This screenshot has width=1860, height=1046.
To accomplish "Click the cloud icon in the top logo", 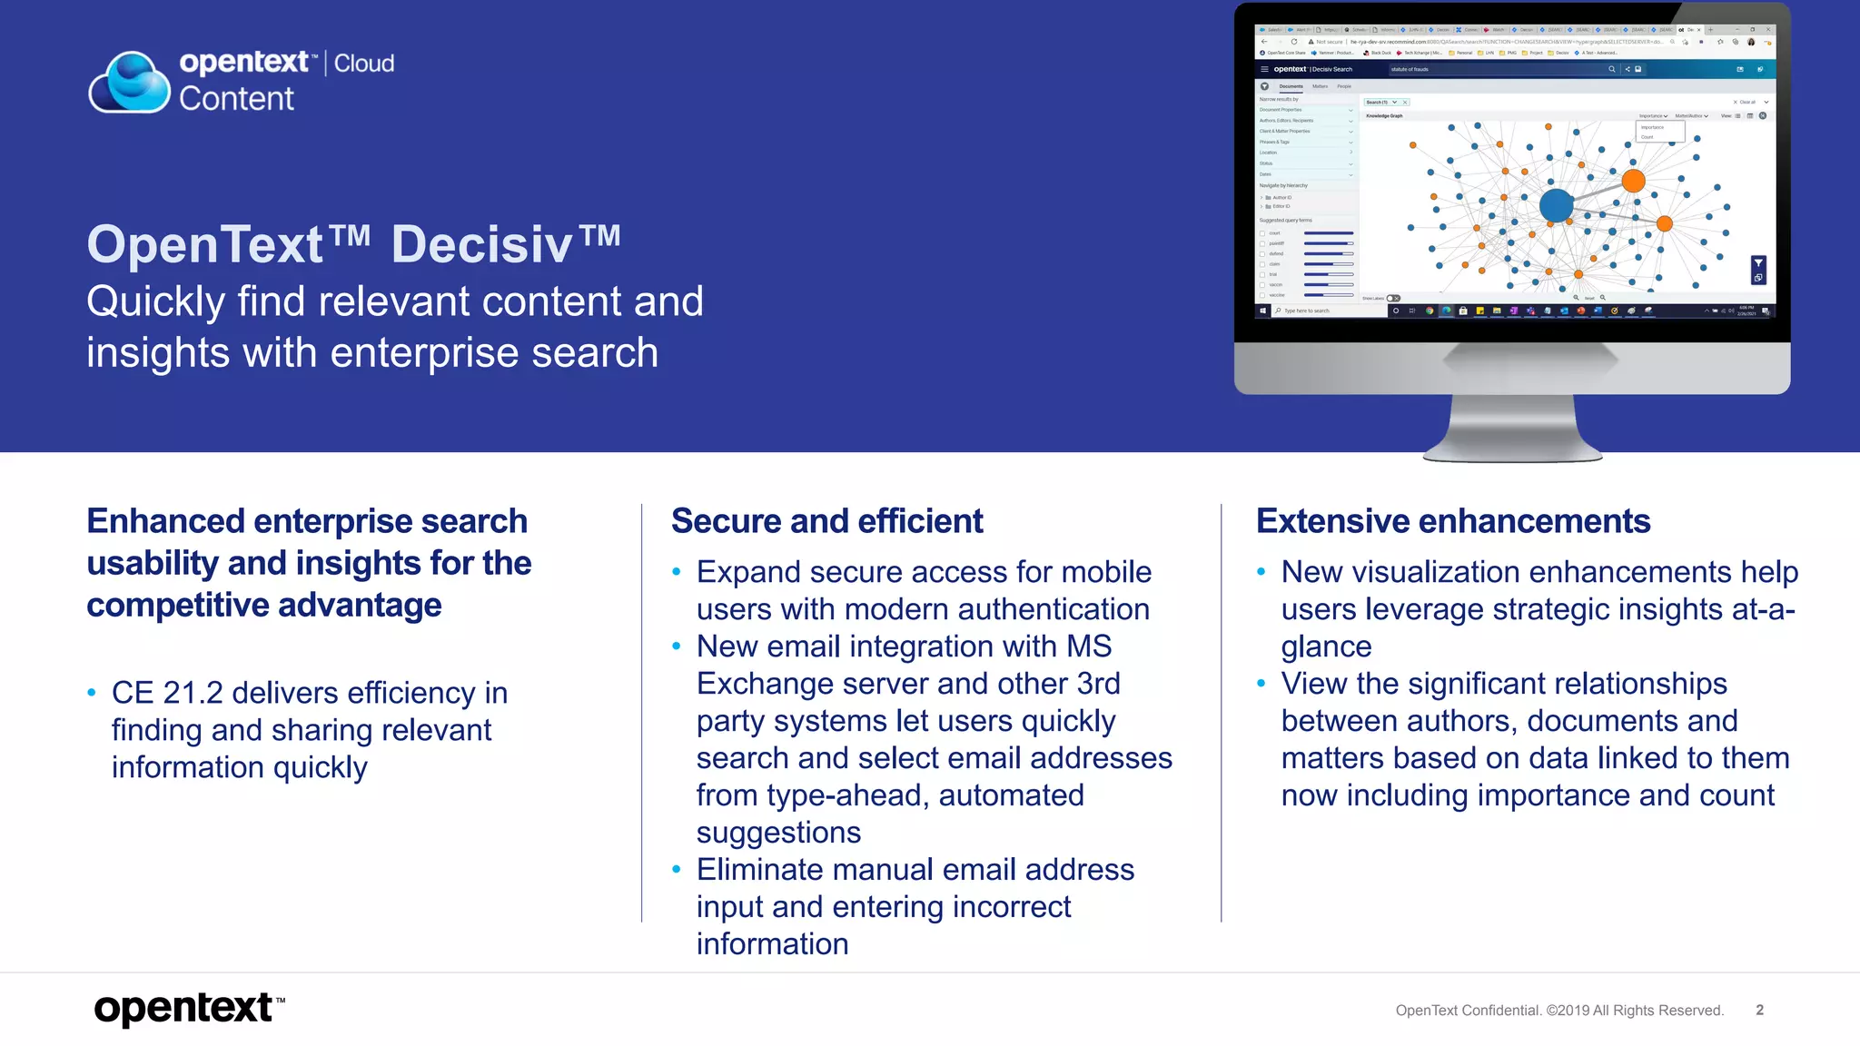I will tap(130, 82).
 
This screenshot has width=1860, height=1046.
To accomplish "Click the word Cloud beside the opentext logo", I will tap(364, 64).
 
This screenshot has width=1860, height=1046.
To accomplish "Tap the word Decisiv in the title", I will tap(482, 244).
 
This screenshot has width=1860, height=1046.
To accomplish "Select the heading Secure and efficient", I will tap(826, 521).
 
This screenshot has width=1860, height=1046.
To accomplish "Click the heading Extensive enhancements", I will tap(1453, 521).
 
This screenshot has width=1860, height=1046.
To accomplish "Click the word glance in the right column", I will tap(1326, 646).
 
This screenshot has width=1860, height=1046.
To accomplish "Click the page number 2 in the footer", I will tap(1759, 1010).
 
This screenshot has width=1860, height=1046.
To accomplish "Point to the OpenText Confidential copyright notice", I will tap(1559, 1011).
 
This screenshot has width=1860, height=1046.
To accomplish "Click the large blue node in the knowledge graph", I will tap(1556, 205).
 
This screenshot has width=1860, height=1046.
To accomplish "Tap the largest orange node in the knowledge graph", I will tap(1633, 181).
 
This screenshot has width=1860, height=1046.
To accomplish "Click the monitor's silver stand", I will tap(1512, 427).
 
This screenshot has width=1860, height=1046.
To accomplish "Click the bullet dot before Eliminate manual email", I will tap(676, 870).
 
